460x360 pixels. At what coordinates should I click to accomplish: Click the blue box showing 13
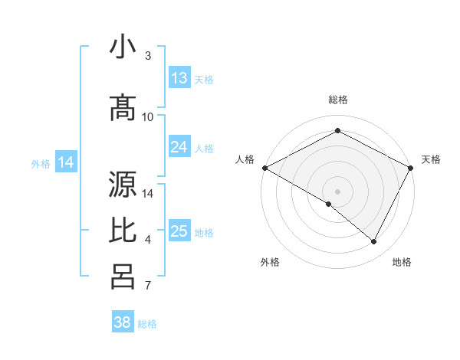click(179, 78)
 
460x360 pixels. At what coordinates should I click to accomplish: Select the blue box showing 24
click(179, 147)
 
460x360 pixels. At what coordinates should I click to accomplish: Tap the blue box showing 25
click(179, 231)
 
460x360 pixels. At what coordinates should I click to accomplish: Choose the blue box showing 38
click(123, 322)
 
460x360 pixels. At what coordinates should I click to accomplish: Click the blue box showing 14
click(66, 162)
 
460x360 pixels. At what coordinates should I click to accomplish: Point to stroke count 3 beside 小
click(147, 56)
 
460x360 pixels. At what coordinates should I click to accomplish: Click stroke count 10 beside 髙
click(147, 116)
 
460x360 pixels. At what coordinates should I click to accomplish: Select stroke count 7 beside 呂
click(147, 286)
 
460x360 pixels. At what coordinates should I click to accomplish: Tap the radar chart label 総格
click(337, 100)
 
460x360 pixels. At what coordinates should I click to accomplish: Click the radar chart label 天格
click(431, 159)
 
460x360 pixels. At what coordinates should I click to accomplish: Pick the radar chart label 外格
click(270, 262)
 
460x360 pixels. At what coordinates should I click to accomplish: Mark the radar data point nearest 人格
click(264, 168)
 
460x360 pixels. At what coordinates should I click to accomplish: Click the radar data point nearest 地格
click(374, 242)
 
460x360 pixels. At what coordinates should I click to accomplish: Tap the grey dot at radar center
click(337, 191)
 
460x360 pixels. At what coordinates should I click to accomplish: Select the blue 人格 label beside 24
click(204, 148)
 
